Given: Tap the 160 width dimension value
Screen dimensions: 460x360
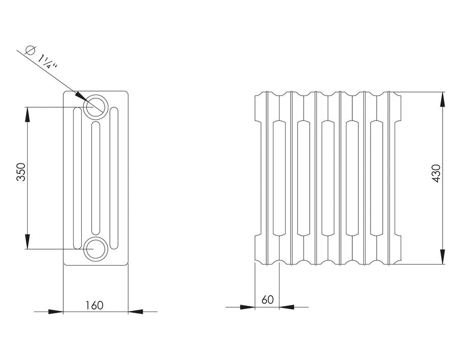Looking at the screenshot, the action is (x=95, y=305).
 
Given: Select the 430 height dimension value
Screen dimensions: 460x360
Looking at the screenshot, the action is (x=436, y=174).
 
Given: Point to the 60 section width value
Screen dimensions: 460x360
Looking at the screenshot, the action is (x=267, y=300).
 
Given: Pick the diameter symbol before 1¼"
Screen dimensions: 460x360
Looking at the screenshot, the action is (x=30, y=50).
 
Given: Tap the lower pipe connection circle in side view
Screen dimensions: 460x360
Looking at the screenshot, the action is (x=96, y=249).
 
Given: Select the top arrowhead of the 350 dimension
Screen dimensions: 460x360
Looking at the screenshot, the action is (x=27, y=114).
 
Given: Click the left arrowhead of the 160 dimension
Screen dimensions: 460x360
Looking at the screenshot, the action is (x=56, y=311).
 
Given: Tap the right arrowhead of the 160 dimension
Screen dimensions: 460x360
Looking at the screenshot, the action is (x=135, y=311).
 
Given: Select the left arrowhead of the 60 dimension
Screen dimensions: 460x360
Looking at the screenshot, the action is (x=247, y=307).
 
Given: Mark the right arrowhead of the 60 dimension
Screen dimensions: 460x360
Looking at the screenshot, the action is (x=287, y=307).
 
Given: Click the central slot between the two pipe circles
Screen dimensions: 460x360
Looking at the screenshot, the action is (x=96, y=178).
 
